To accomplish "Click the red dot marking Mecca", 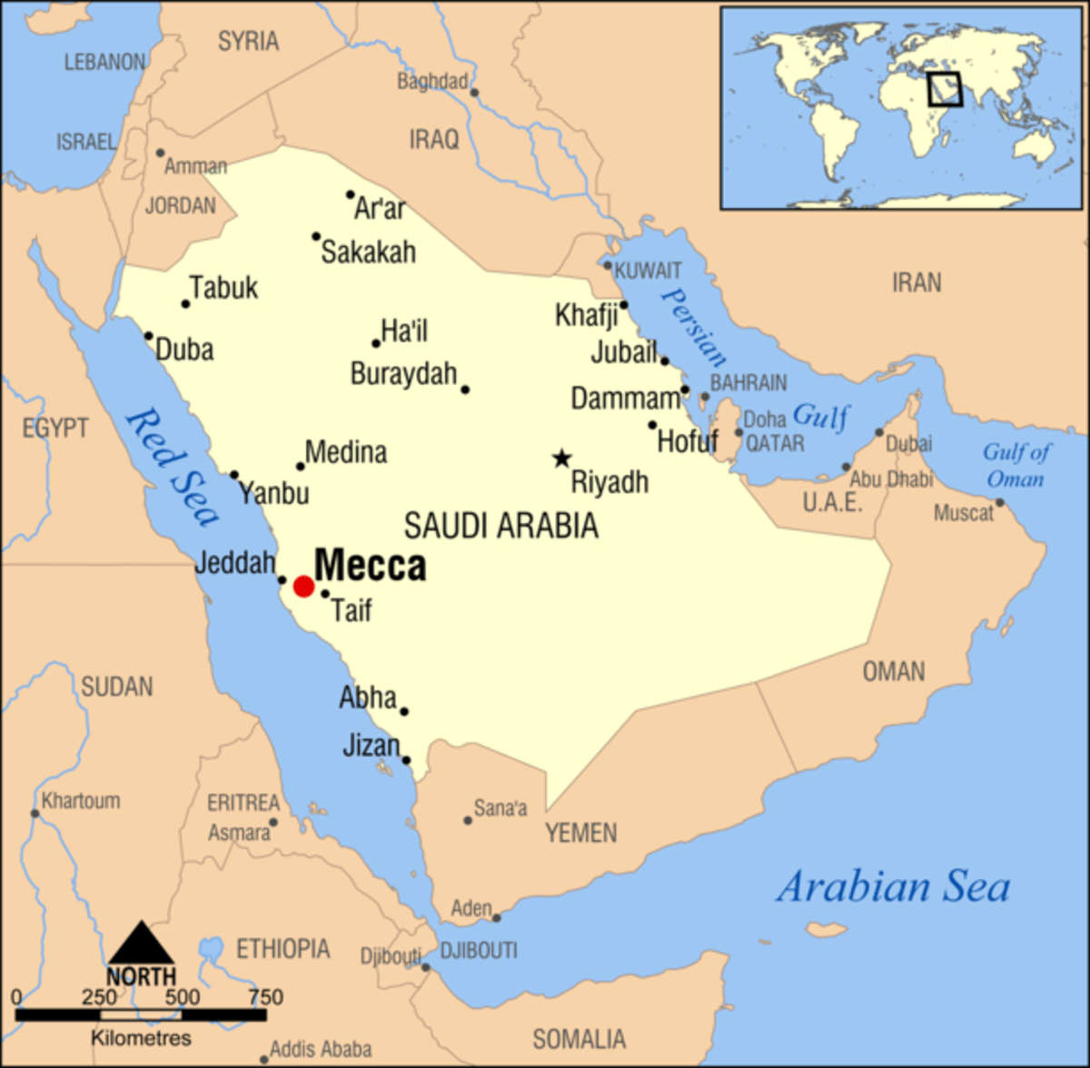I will coord(303,587).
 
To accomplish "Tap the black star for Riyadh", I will coord(562,459).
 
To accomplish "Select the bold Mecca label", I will coord(370,565).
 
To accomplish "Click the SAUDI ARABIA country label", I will coord(500,526).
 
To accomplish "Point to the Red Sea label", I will coord(173,466).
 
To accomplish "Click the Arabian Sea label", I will coord(892,887).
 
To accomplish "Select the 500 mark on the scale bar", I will coord(182,997).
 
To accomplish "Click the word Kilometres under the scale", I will coord(141,1037).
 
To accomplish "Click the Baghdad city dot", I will coord(473,92).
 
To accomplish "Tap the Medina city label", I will coord(345,451).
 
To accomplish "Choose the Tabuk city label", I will coord(223,288).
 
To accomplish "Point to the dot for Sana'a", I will coord(468,820).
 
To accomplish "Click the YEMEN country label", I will coord(580,833).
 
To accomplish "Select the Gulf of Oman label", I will coord(1016,465).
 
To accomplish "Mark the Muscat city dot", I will coord(999,502).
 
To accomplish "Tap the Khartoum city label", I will coord(80,801).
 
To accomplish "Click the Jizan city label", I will coord(371,746).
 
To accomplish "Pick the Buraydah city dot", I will coord(465,390).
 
